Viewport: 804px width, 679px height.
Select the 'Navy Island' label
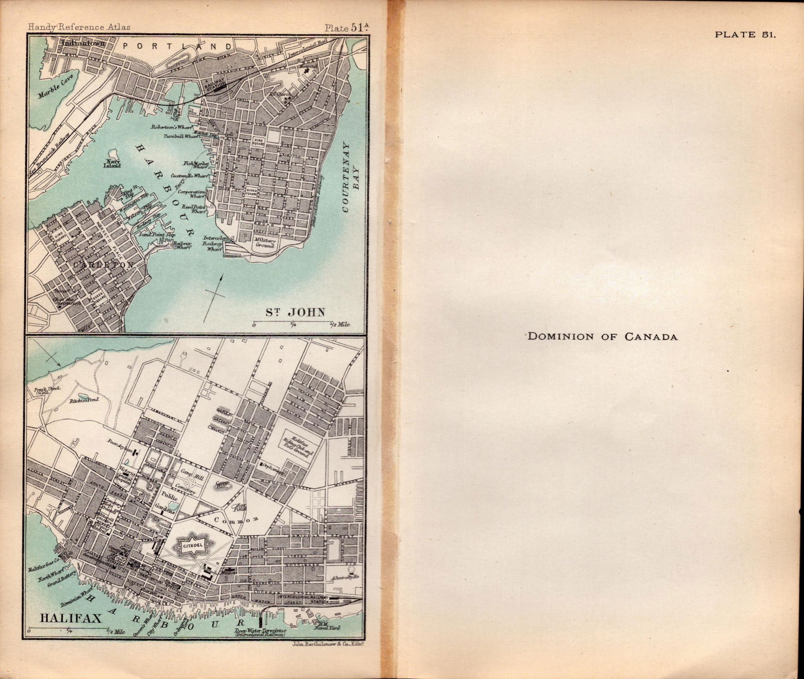(112, 163)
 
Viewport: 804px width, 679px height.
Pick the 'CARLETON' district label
(103, 265)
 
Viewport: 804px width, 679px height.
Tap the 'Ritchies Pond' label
(86, 400)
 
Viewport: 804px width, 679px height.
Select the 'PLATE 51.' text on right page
(746, 35)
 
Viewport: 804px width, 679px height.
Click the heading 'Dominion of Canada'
(602, 336)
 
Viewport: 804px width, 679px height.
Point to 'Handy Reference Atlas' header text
(79, 28)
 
